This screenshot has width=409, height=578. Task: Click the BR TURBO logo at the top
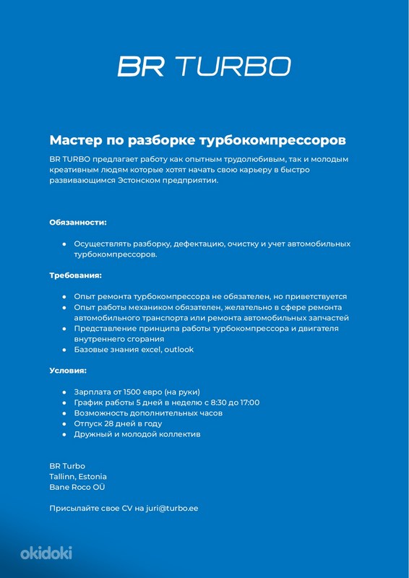click(x=204, y=66)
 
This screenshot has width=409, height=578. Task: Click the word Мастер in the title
click(x=74, y=139)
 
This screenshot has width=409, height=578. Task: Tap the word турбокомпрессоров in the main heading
click(x=276, y=139)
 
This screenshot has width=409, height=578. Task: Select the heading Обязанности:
click(x=78, y=223)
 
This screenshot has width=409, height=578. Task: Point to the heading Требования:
click(x=75, y=275)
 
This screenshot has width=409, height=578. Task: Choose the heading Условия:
click(x=68, y=370)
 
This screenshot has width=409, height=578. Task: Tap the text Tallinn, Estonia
click(x=78, y=476)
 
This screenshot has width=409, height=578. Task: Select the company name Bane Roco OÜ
click(x=77, y=487)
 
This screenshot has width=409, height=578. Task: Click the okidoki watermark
click(x=46, y=553)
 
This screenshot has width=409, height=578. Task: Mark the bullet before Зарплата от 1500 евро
click(x=64, y=392)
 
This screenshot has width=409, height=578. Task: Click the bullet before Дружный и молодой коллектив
click(x=64, y=434)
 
